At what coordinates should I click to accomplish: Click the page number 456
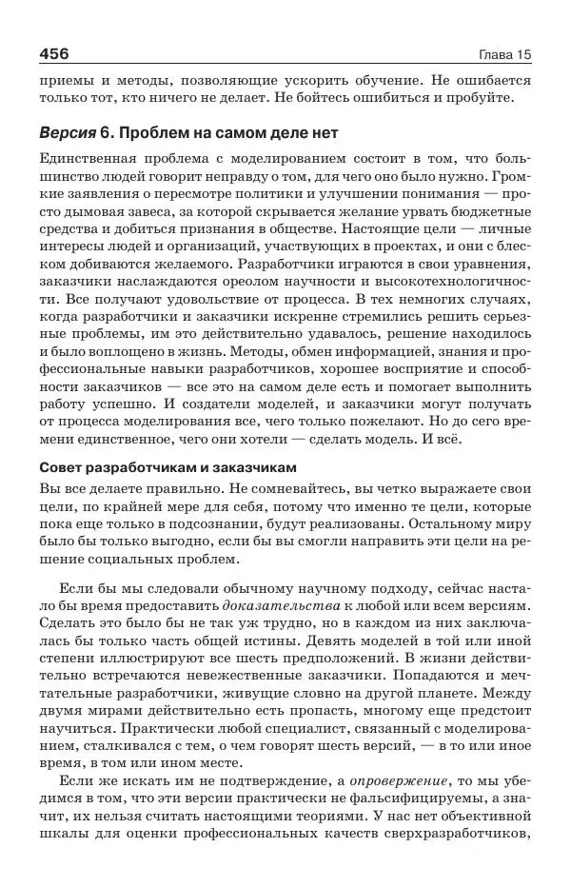pyautogui.click(x=60, y=51)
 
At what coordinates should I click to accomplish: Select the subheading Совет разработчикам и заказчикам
pyautogui.click(x=168, y=467)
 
